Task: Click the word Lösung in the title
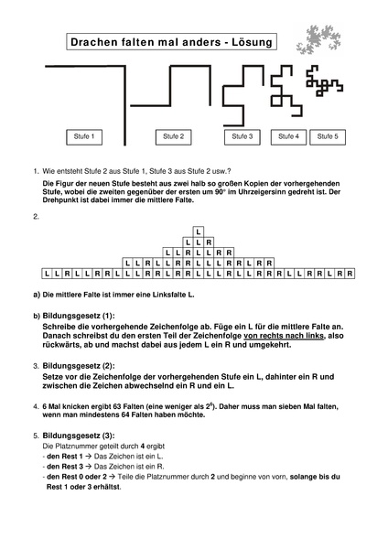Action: [253, 44]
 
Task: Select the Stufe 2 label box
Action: [173, 136]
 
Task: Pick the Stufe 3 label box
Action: [242, 136]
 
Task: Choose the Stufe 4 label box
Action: [289, 136]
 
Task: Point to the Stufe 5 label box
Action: [327, 136]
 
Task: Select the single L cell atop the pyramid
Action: [199, 231]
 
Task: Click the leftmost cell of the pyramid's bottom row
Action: [48, 273]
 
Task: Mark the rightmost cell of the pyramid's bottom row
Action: [350, 273]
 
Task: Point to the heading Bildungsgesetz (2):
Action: [76, 367]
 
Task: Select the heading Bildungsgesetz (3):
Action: [76, 436]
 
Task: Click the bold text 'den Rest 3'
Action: [65, 467]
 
